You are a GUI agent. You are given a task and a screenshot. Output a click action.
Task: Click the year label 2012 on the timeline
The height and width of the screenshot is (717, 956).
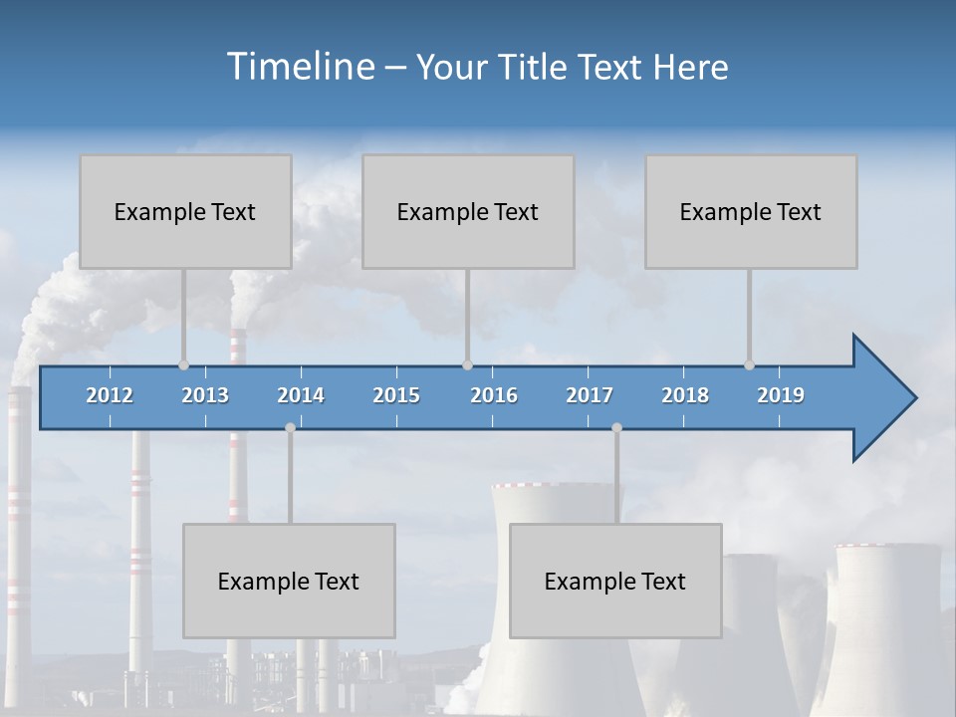110,395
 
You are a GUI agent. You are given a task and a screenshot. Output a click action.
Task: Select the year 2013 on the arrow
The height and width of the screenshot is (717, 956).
205,395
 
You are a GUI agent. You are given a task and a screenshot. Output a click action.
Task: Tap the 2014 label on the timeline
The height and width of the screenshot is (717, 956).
301,395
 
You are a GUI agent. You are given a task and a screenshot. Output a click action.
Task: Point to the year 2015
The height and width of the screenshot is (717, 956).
396,395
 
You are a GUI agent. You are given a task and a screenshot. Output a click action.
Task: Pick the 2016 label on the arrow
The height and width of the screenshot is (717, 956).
494,395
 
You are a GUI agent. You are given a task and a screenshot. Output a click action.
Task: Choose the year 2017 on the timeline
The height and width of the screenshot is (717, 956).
590,395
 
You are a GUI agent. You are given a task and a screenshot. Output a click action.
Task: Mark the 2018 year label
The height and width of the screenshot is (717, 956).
685,395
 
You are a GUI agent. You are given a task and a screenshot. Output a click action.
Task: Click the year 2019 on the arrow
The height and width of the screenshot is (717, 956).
781,395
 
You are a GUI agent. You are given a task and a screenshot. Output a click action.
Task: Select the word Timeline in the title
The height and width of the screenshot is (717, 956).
300,67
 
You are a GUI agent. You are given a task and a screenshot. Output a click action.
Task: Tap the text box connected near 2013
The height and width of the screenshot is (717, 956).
185,211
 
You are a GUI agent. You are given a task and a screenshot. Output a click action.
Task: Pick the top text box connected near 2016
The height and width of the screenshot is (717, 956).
468,211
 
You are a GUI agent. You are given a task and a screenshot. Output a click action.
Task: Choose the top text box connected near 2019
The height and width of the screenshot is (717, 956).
751,211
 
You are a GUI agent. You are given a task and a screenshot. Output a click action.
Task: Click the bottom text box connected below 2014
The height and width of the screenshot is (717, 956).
289,581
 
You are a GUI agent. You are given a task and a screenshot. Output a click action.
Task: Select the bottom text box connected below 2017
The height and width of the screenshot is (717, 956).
615,581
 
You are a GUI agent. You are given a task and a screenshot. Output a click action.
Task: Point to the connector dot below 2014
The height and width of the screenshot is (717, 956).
290,427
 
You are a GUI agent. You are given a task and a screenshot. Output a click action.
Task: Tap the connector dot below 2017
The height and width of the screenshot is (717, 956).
616,427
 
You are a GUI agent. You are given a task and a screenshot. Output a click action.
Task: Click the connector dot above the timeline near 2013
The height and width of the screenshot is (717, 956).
183,365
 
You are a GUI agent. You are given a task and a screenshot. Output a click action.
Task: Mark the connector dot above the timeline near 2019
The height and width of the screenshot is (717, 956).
749,365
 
